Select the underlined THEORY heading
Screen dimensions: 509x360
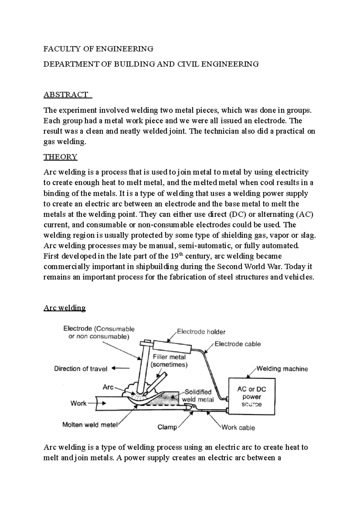coord(60,157)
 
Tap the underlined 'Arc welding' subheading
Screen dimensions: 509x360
coord(64,308)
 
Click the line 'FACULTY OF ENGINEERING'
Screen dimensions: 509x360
coord(98,49)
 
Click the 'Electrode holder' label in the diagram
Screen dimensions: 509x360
coord(201,332)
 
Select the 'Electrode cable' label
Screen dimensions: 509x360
coord(238,344)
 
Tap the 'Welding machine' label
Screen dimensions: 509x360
coord(282,369)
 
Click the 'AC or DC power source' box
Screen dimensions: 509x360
coord(252,396)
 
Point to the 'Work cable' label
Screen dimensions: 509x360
coord(238,427)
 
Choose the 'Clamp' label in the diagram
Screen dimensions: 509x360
coord(167,427)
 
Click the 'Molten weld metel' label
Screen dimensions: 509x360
coord(90,425)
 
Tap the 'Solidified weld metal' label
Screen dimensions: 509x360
coord(198,396)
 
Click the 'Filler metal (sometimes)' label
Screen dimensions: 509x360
coord(169,361)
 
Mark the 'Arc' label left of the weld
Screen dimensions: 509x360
coord(108,387)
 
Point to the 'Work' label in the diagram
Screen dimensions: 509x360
coord(78,403)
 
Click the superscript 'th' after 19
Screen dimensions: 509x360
coord(180,255)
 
